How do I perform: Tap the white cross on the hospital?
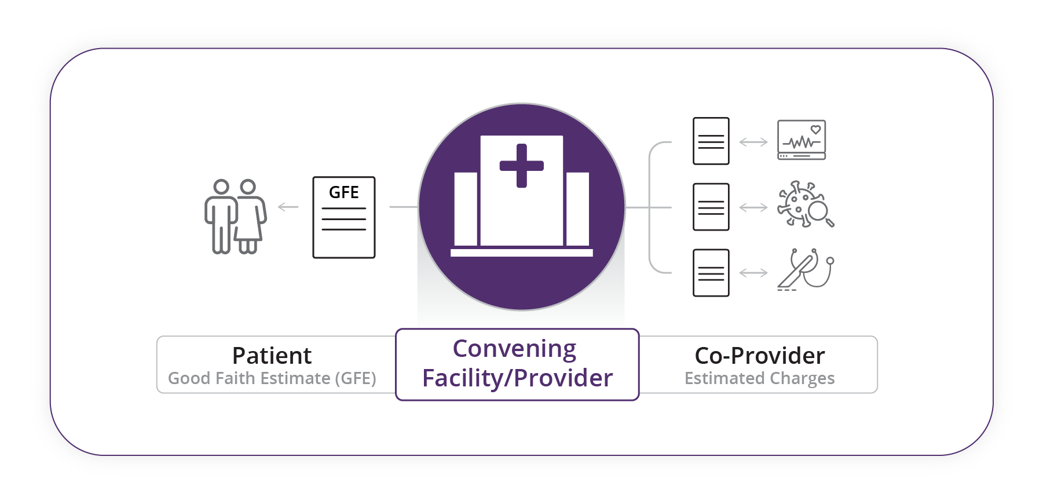(521, 166)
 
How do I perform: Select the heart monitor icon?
(802, 140)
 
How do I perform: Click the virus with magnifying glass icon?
(805, 204)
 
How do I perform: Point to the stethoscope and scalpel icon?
(805, 269)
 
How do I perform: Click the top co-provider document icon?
(711, 141)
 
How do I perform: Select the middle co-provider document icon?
(711, 207)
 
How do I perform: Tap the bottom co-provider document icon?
(711, 273)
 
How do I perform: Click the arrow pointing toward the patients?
(288, 207)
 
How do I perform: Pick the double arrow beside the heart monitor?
(753, 142)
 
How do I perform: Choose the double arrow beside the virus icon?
(753, 207)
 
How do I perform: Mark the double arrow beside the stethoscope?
(753, 273)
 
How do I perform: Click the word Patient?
(272, 356)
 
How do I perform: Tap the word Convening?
(514, 349)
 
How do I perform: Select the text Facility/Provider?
(517, 378)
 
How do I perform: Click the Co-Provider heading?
(759, 356)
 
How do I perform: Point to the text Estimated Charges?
(759, 378)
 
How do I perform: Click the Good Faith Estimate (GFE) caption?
(272, 378)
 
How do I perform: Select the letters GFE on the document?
(344, 192)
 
